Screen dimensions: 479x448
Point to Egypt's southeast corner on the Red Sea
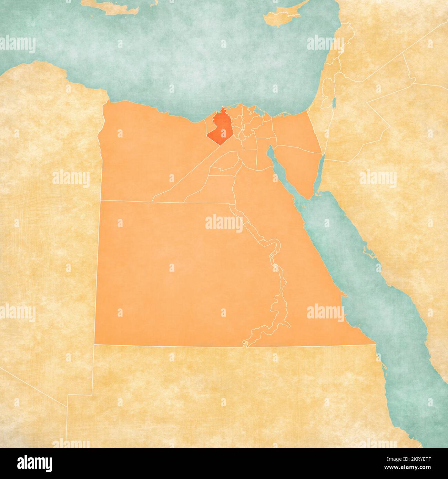pyautogui.click(x=375, y=343)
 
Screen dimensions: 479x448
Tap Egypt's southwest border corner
pyautogui.click(x=94, y=344)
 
